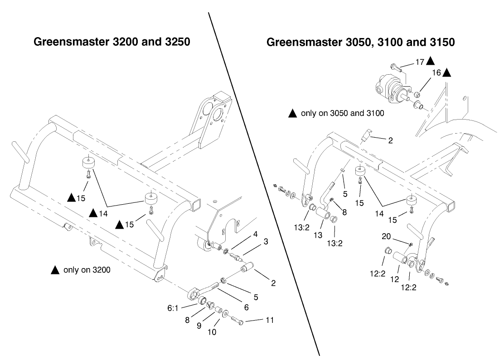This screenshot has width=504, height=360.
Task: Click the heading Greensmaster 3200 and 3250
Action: tap(111, 42)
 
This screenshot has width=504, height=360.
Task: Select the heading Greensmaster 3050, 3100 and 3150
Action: tap(361, 42)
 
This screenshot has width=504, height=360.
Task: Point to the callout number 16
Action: tap(436, 72)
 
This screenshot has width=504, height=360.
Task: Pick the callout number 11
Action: tap(269, 320)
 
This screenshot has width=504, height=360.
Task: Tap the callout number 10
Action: tap(212, 332)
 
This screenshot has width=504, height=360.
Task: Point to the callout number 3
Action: tap(265, 242)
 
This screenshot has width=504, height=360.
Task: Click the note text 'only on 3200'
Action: tap(87, 270)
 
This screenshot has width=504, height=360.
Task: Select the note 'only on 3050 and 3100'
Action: tap(342, 113)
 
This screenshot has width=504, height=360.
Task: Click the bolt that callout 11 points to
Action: tap(238, 321)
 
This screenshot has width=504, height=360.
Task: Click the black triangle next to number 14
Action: tap(93, 212)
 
